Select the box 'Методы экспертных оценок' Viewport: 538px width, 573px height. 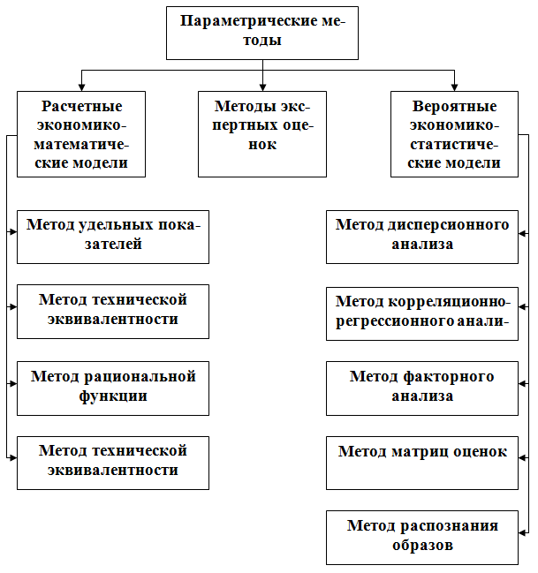tap(262, 133)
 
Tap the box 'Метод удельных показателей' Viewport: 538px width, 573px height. tap(113, 236)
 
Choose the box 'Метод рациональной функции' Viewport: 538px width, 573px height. tap(113, 387)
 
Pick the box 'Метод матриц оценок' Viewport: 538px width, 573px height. tap(422, 462)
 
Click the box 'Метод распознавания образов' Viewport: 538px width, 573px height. tap(422, 537)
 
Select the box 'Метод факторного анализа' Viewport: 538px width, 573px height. tap(422, 387)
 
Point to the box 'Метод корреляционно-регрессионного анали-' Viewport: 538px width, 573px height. tap(422, 312)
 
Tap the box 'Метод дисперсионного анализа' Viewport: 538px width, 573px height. tap(422, 236)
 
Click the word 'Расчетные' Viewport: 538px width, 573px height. tap(81, 106)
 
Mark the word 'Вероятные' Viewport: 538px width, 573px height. tap(454, 106)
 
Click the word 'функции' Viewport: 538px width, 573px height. tap(113, 396)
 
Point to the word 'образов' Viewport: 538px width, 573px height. tap(422, 546)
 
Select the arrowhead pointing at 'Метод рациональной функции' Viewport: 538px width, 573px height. tap(13, 384)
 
